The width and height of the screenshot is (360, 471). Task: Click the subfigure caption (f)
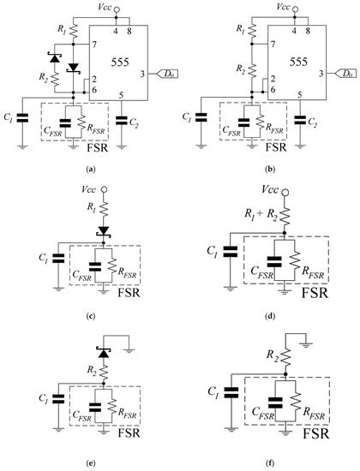267,460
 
